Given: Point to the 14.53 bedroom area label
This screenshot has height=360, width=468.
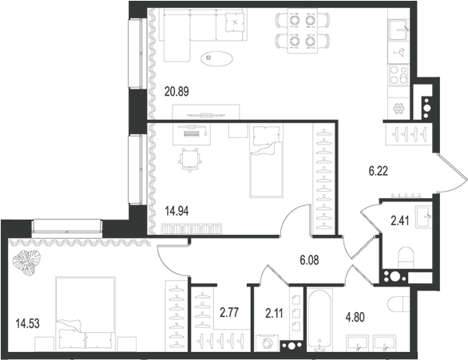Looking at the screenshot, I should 29,323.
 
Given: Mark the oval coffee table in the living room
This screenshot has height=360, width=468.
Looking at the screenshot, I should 217,57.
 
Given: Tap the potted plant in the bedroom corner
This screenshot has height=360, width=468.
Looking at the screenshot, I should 31,262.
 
